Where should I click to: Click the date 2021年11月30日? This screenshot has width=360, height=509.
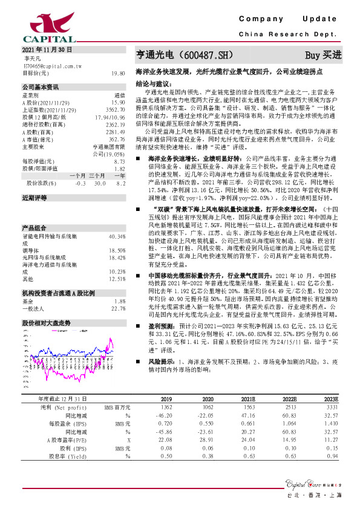pos(47,50)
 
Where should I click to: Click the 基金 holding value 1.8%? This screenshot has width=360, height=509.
pos(119,300)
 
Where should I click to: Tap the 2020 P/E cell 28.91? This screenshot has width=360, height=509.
pos(208,441)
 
